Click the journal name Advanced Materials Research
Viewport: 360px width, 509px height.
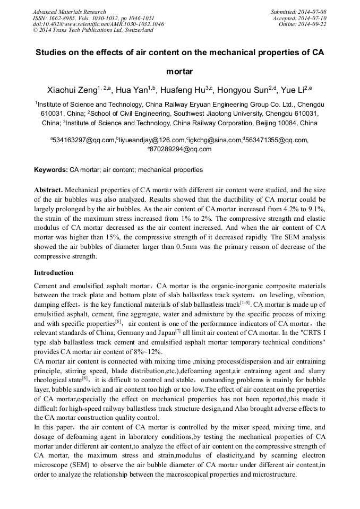point(69,12)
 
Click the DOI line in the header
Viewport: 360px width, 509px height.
point(98,24)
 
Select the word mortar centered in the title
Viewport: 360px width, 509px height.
point(179,71)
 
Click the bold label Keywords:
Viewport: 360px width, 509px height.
point(51,170)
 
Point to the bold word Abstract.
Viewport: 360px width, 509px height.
point(48,189)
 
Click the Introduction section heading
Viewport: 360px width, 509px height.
point(54,273)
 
